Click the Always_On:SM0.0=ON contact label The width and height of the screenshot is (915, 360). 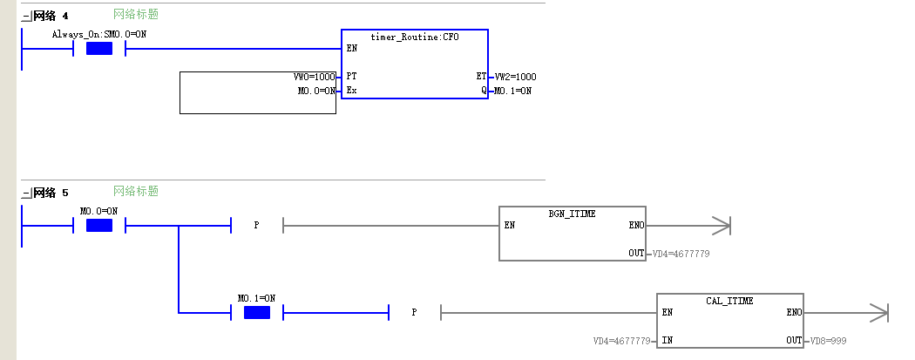pos(99,34)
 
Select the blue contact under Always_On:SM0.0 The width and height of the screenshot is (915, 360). pos(99,49)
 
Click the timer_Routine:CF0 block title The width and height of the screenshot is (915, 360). pos(415,37)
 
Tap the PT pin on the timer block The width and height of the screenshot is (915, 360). pos(351,77)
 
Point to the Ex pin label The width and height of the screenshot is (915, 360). pos(351,91)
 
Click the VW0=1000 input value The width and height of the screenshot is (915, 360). pos(315,77)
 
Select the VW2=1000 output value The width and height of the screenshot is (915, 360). pos(515,77)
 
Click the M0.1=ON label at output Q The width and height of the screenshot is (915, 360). pos(512,91)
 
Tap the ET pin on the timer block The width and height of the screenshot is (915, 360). pos(481,77)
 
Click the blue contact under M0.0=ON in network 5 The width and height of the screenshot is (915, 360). pos(99,225)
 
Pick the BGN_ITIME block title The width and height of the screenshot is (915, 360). pos(572,214)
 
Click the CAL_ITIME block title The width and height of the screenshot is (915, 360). pos(729,301)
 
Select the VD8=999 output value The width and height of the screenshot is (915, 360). pos(828,341)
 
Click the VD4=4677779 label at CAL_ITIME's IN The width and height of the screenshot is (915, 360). pos(622,341)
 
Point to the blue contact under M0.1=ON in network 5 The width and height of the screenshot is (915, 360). pos(257,312)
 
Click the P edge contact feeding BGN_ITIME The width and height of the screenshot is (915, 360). pos(257,225)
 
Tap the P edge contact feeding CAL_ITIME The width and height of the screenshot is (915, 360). pos(414,312)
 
